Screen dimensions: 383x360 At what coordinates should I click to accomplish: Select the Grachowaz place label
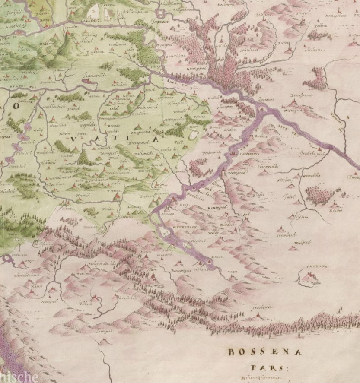(x=261, y=307)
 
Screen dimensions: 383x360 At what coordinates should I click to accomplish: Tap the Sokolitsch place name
(x=286, y=236)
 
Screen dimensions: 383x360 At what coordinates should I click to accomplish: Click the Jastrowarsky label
(x=92, y=75)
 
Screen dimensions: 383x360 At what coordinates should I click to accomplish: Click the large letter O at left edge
(x=16, y=106)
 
